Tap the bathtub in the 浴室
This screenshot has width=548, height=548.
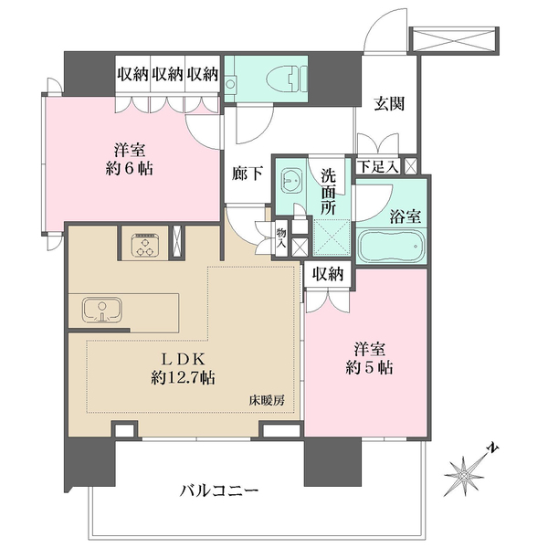click(x=391, y=246)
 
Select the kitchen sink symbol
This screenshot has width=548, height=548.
click(x=101, y=310)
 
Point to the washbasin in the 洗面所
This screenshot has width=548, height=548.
click(x=291, y=180)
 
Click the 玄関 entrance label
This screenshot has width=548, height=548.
click(x=389, y=104)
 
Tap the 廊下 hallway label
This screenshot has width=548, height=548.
click(x=248, y=173)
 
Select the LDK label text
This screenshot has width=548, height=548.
click(x=182, y=359)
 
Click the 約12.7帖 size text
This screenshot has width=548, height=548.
click(x=183, y=378)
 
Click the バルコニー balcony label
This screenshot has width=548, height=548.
click(x=219, y=491)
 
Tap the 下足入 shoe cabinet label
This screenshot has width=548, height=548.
click(x=378, y=166)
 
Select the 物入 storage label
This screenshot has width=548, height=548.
click(x=281, y=237)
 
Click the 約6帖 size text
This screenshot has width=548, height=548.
click(x=129, y=169)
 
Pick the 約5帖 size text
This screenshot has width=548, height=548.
click(x=369, y=367)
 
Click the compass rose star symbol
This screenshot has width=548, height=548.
click(x=464, y=477)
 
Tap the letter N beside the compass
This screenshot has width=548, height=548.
click(x=493, y=448)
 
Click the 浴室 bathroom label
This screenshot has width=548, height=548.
click(x=405, y=217)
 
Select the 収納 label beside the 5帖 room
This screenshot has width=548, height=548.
click(x=328, y=275)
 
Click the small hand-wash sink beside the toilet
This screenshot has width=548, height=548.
click(x=230, y=84)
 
